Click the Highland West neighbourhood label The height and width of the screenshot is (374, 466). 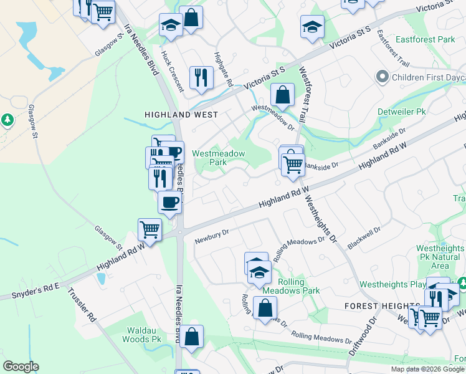[181, 115]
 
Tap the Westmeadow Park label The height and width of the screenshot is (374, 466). [218, 158]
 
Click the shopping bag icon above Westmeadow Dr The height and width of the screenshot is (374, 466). [283, 95]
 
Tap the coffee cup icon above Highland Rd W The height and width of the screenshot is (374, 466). [170, 201]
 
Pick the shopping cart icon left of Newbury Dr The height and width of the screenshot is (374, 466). [150, 229]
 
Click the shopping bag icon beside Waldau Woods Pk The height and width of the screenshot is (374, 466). [193, 337]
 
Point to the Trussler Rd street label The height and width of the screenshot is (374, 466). [82, 304]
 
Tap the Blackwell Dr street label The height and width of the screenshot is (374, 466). [364, 237]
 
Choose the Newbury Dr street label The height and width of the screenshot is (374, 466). [212, 236]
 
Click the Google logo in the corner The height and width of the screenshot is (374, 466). [21, 367]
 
